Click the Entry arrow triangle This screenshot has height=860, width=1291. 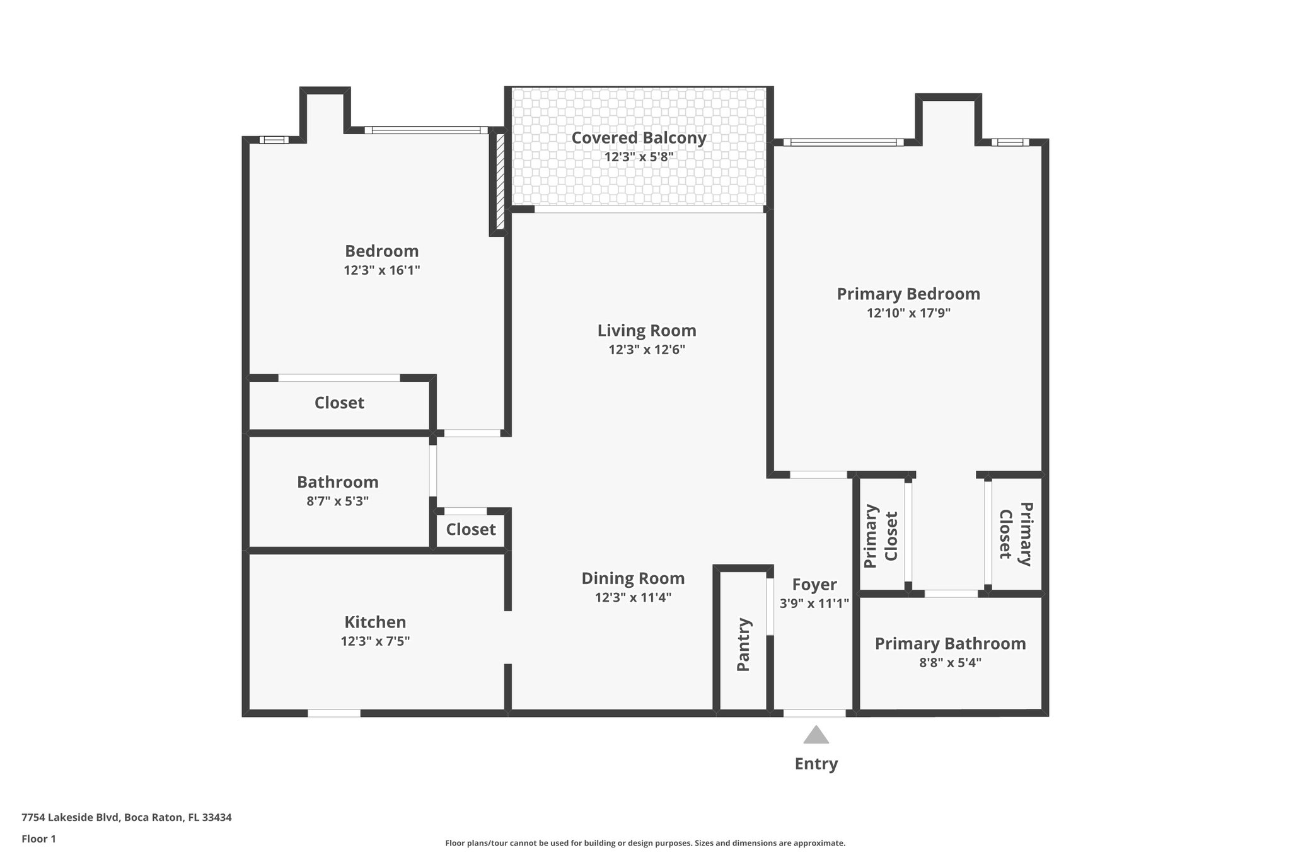click(x=816, y=735)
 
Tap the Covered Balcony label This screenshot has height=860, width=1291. click(x=639, y=137)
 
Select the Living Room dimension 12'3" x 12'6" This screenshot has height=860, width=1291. click(x=646, y=350)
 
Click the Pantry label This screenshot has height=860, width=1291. click(x=743, y=645)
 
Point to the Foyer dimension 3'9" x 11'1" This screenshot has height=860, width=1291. click(x=814, y=603)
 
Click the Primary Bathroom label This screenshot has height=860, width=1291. click(x=950, y=643)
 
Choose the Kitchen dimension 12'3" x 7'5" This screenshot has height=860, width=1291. click(x=375, y=641)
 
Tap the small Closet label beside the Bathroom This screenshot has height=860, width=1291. click(x=470, y=529)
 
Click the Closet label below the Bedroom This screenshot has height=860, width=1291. click(x=339, y=403)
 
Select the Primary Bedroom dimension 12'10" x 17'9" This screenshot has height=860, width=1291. click(x=908, y=313)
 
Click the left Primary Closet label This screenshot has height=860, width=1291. click(x=881, y=536)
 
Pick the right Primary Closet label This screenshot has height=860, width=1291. click(x=1015, y=534)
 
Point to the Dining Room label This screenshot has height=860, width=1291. click(x=633, y=578)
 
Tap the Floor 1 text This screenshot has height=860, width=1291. click(x=38, y=839)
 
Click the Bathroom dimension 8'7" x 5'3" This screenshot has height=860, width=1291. click(x=337, y=502)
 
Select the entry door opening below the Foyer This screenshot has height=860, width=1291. click(x=814, y=713)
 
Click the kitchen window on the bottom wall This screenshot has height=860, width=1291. click(x=334, y=713)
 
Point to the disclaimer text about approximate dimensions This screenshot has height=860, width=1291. click(x=645, y=843)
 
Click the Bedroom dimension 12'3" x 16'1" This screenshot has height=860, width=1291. click(x=381, y=270)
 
